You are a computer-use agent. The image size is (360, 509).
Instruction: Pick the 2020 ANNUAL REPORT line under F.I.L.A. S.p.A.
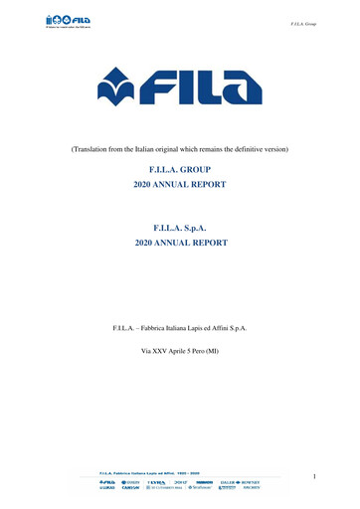point(179,242)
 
